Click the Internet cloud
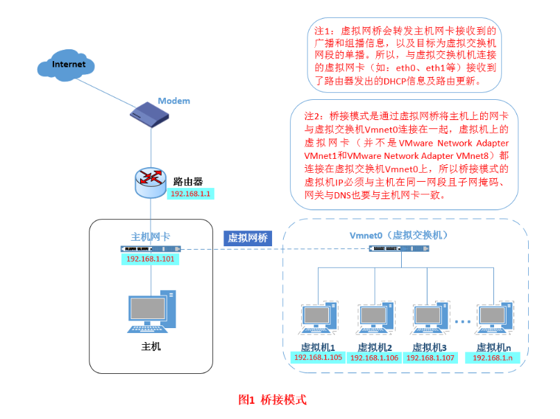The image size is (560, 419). (69, 66)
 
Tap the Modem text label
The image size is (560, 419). (173, 101)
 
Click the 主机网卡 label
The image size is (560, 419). (151, 236)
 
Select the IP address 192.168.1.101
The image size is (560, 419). (151, 259)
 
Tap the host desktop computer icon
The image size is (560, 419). (151, 313)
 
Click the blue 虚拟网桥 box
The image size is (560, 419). (248, 238)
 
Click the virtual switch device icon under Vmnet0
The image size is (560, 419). (398, 248)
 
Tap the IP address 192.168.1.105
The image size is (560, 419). (319, 358)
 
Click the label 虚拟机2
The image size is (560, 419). (375, 347)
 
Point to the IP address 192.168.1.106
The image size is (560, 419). (374, 358)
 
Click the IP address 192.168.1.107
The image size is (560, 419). (430, 358)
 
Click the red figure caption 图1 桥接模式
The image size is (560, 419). (272, 400)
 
